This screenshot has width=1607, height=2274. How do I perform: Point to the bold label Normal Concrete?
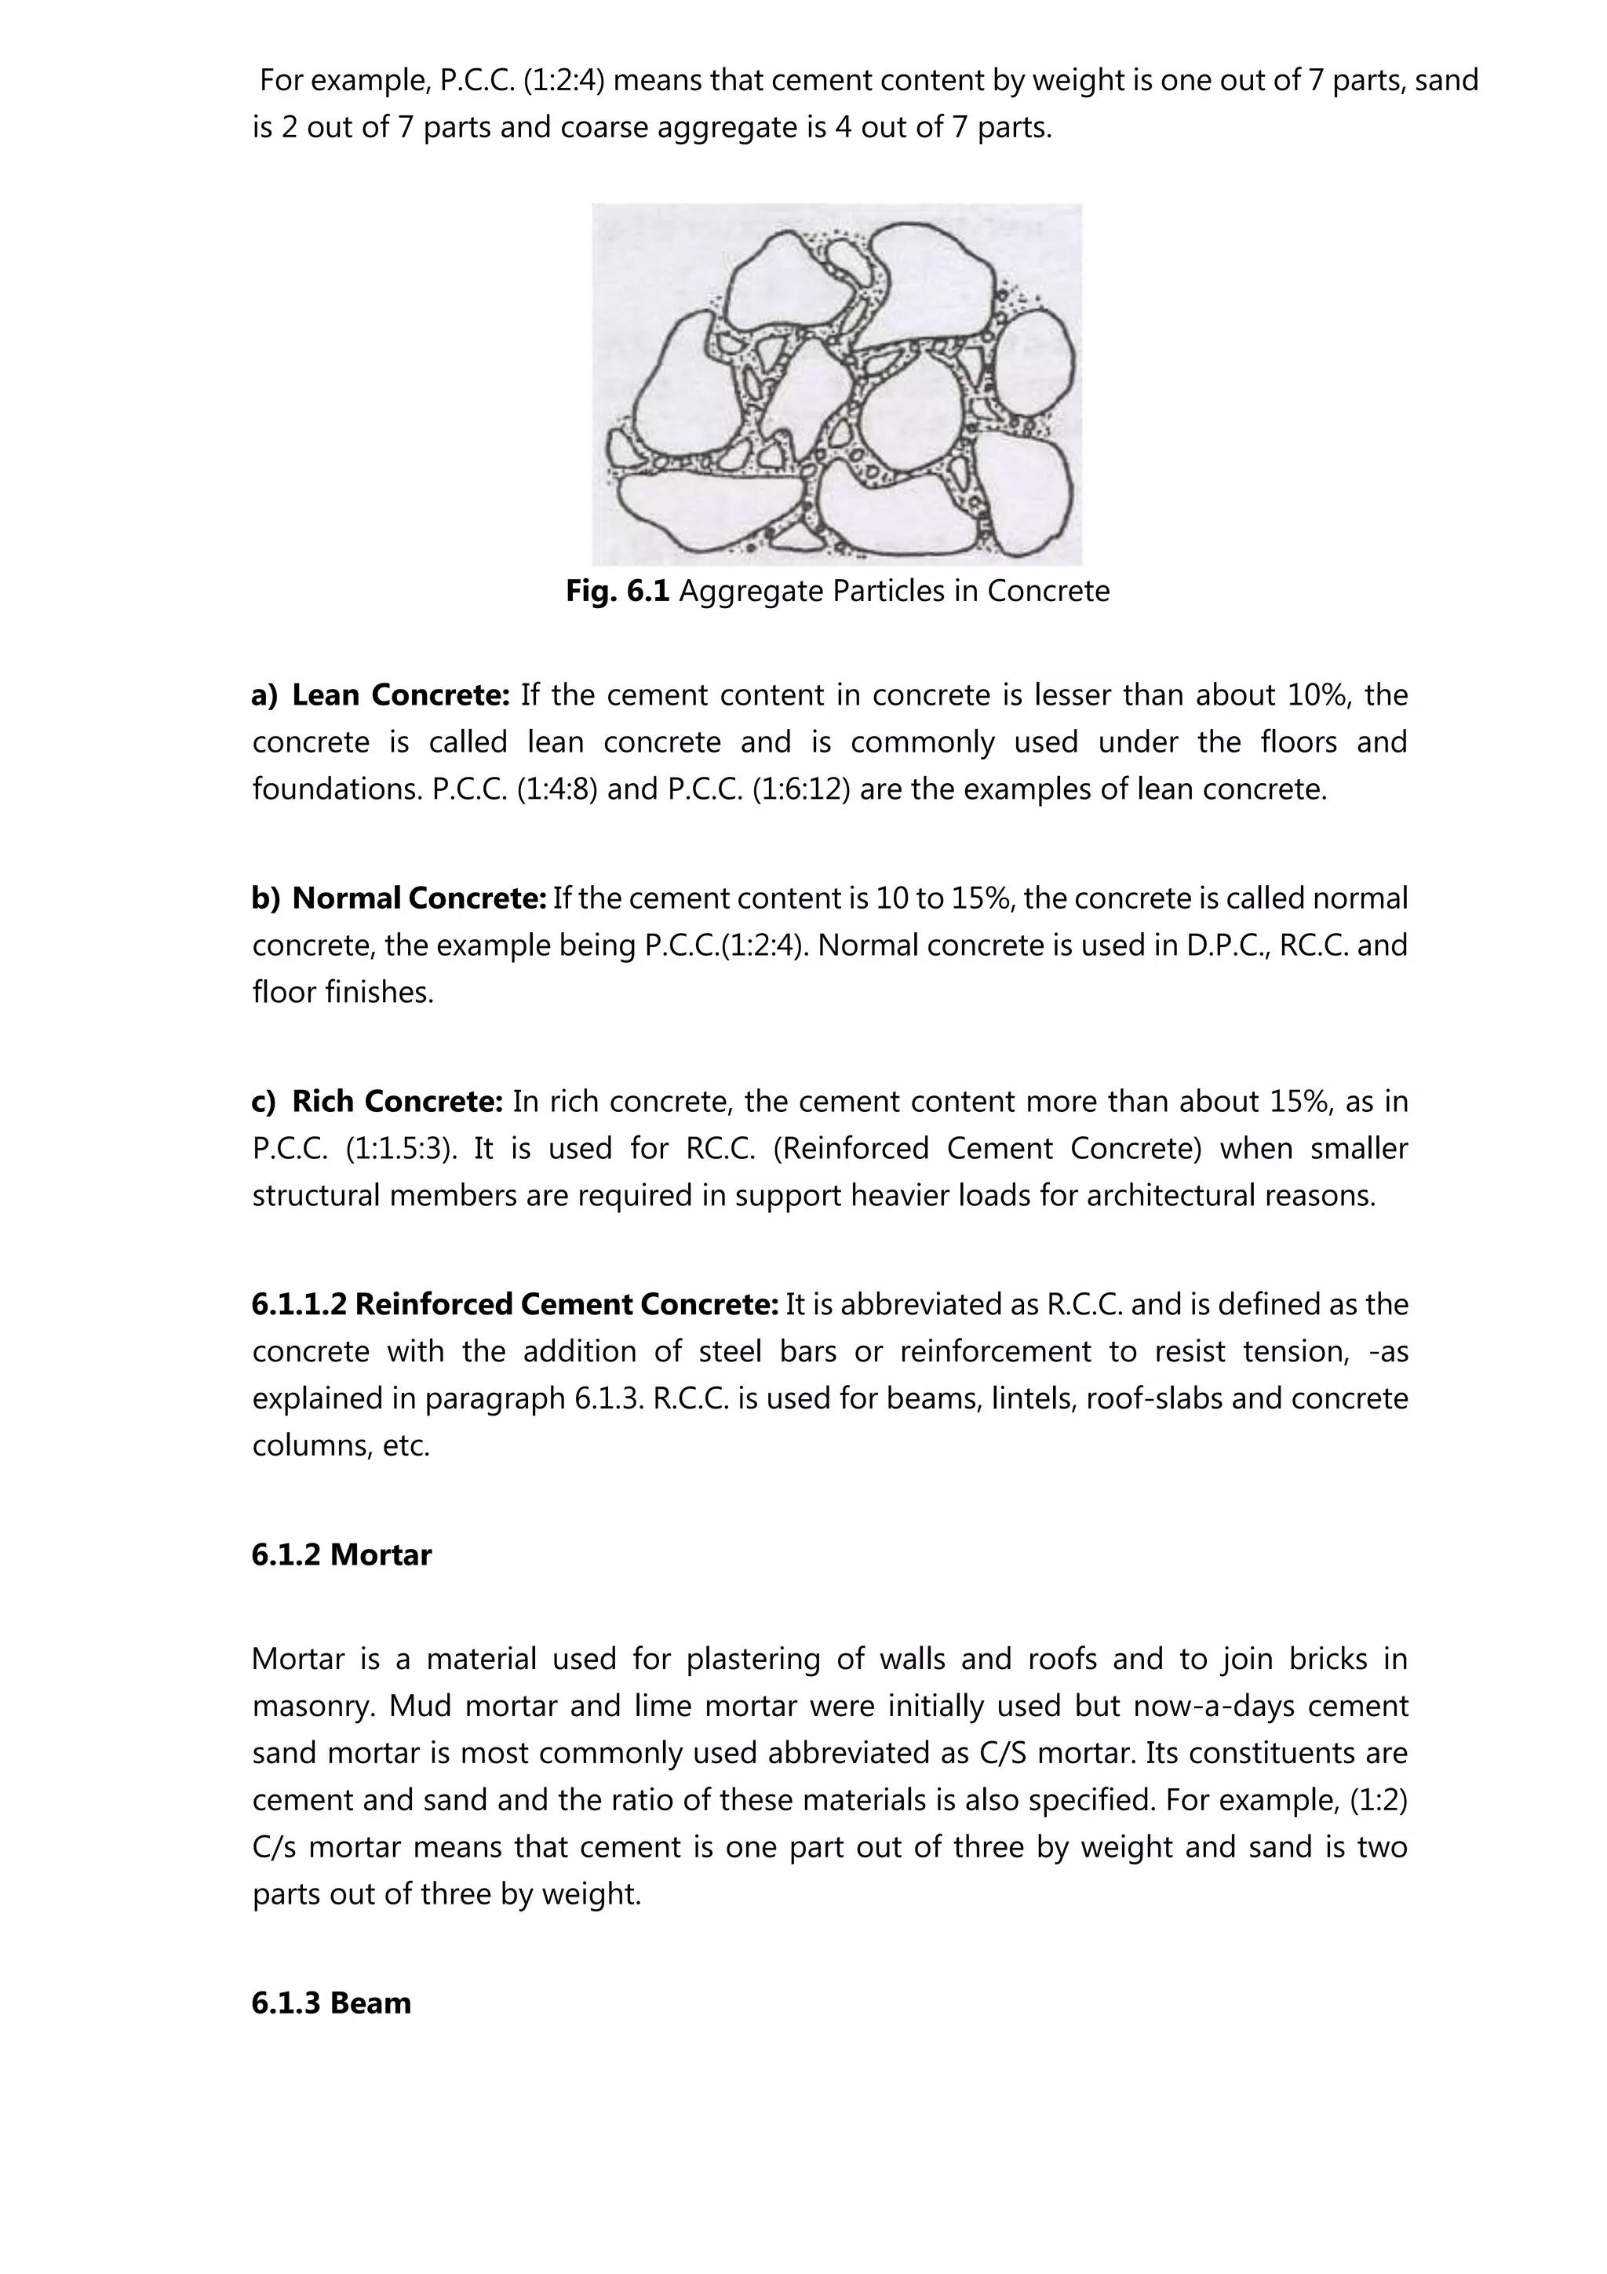[x=419, y=898]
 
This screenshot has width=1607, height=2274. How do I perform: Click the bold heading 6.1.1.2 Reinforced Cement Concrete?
[x=515, y=1304]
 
